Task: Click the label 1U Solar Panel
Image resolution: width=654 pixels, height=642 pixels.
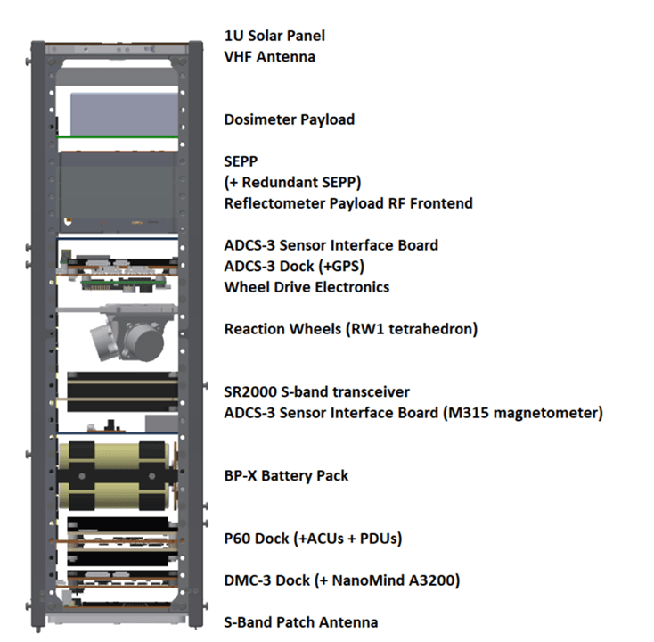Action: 274,37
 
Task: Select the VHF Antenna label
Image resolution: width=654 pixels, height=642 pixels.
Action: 270,57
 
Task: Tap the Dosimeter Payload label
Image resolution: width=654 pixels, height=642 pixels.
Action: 290,119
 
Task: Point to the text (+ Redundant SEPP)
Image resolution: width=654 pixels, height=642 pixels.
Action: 292,183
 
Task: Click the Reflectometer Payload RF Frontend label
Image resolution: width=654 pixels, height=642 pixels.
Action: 348,203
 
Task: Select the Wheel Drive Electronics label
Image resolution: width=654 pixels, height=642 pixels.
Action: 307,287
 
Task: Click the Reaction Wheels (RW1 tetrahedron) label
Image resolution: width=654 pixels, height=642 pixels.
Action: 351,329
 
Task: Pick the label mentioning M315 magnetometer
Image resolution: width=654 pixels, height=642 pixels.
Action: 413,413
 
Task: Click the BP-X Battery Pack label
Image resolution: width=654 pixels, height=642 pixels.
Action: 286,475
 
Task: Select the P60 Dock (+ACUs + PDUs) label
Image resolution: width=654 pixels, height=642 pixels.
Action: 313,539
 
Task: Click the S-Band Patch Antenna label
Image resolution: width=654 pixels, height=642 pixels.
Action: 301,622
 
